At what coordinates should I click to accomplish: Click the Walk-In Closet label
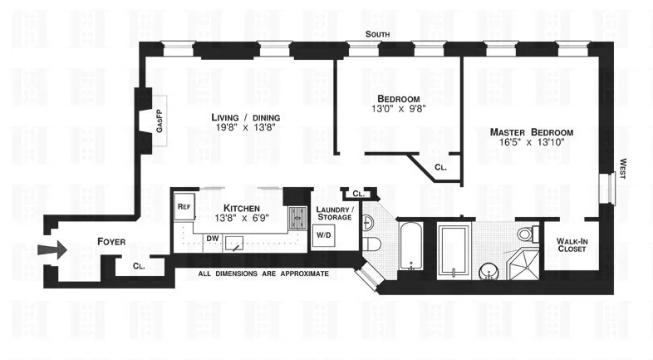[x=572, y=246]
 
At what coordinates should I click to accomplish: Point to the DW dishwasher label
[x=213, y=238]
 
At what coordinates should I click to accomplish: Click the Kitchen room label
[x=242, y=208]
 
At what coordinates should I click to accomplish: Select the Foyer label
[x=111, y=242]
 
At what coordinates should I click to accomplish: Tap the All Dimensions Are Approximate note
[x=264, y=273]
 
